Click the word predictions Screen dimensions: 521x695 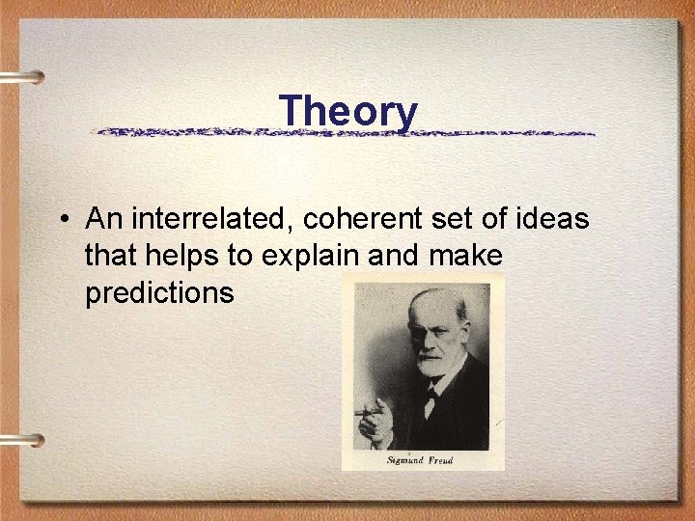coord(159,293)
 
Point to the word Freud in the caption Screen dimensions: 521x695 coord(440,460)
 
